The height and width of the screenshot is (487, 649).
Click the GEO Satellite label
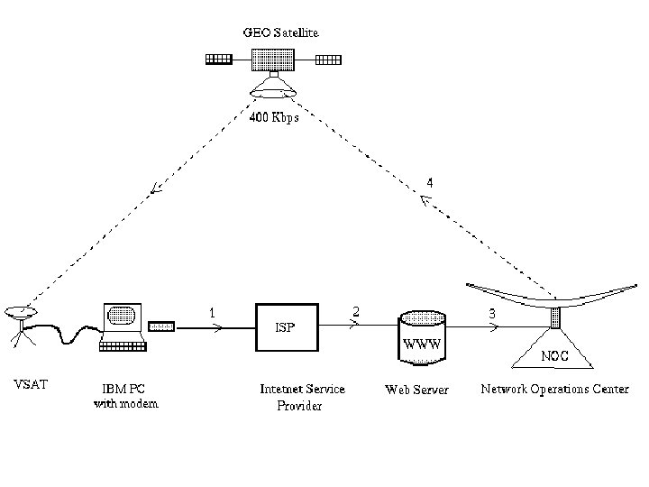coord(280,32)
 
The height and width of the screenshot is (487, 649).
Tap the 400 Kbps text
coord(274,117)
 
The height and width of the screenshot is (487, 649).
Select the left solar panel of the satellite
coord(219,60)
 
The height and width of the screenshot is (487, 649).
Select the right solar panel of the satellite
coord(329,60)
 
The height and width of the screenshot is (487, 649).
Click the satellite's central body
coord(274,60)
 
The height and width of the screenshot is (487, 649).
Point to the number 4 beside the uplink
coord(430,182)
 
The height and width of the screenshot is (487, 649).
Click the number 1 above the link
coord(212,312)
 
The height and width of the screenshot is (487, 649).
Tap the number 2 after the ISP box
coord(356,311)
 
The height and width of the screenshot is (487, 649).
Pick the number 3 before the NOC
coord(491,313)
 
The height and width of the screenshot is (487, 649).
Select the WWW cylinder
coord(422,337)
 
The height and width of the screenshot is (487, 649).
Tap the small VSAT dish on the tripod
coord(19,312)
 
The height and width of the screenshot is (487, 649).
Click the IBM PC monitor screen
coord(120,317)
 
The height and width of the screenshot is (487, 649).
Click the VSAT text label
coord(32,385)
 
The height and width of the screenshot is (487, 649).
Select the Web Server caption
coord(416,390)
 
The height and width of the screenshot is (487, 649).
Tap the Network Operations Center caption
coord(554,389)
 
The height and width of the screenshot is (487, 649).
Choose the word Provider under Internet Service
coord(299,406)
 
